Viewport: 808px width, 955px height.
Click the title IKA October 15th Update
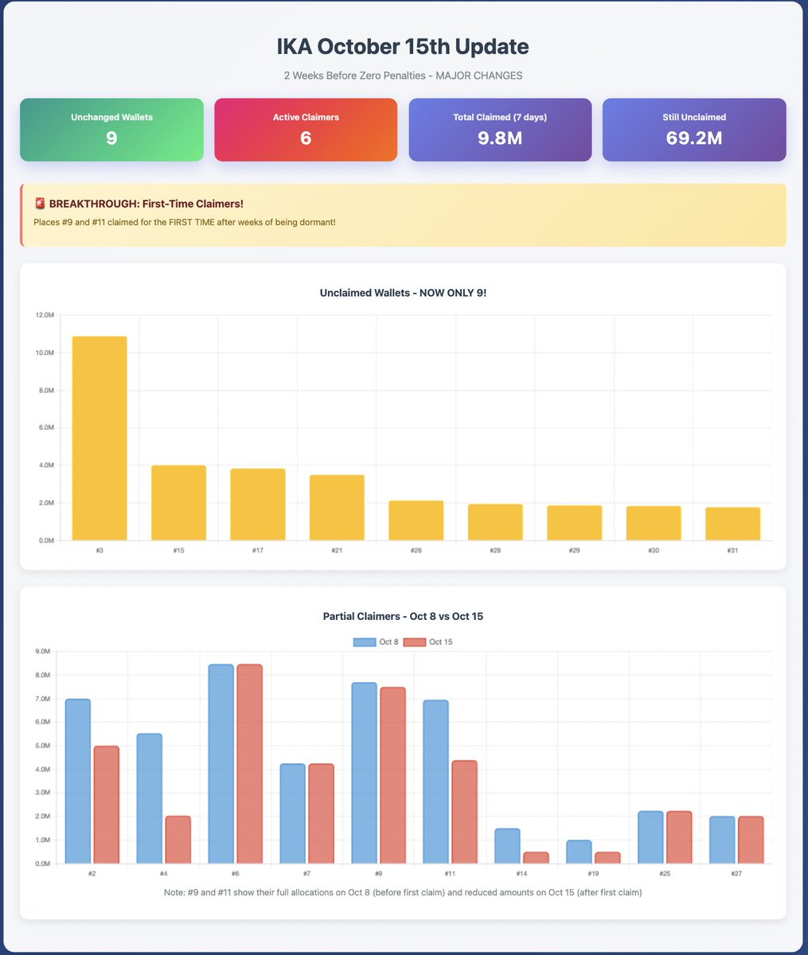(403, 46)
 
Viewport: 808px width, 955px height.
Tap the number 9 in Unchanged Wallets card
(111, 138)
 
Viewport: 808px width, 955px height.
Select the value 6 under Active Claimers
(306, 138)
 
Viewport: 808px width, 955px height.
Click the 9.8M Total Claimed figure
(500, 138)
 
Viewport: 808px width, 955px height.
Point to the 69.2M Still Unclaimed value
(694, 138)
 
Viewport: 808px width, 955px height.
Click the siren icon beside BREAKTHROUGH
(40, 204)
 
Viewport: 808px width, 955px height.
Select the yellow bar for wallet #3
(100, 438)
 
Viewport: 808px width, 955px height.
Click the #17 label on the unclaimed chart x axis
(258, 551)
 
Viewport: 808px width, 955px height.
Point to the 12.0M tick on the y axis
(45, 315)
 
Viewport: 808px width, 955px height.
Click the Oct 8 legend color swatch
(364, 642)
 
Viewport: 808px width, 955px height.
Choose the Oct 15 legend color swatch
(414, 642)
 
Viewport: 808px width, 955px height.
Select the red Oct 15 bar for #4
(178, 840)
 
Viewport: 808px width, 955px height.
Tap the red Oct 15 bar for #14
(536, 857)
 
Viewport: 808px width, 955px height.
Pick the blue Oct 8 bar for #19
(579, 852)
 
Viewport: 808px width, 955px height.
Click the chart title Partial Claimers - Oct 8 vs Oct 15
(403, 616)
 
